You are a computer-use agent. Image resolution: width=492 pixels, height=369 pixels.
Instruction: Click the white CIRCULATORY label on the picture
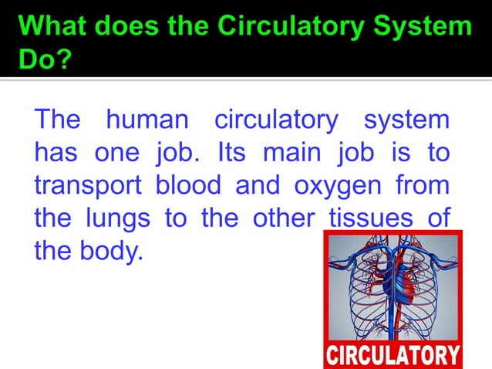(x=393, y=355)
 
